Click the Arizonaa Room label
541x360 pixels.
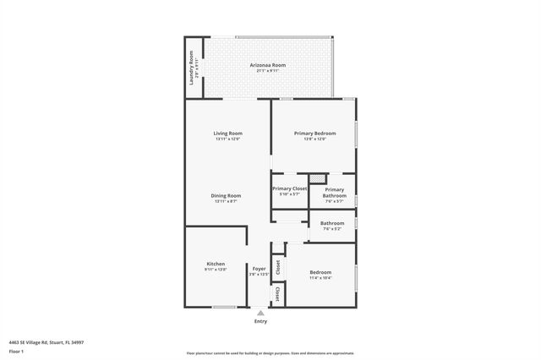(267, 65)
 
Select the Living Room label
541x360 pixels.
(227, 134)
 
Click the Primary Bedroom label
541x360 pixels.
(314, 134)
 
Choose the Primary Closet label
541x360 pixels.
(289, 188)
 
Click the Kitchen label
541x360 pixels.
(216, 264)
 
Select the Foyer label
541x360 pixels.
(259, 268)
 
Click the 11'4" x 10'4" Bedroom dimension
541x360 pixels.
(320, 277)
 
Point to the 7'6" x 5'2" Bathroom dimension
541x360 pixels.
(331, 229)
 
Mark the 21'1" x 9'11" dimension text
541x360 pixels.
(267, 71)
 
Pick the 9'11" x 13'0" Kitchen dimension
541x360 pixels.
(216, 270)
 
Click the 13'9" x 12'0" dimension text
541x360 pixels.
(314, 139)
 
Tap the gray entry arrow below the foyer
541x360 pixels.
(260, 313)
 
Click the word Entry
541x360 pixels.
(260, 321)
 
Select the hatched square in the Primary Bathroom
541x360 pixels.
(317, 178)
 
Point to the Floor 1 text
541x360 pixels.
(16, 351)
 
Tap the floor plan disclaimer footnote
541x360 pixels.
(270, 353)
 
